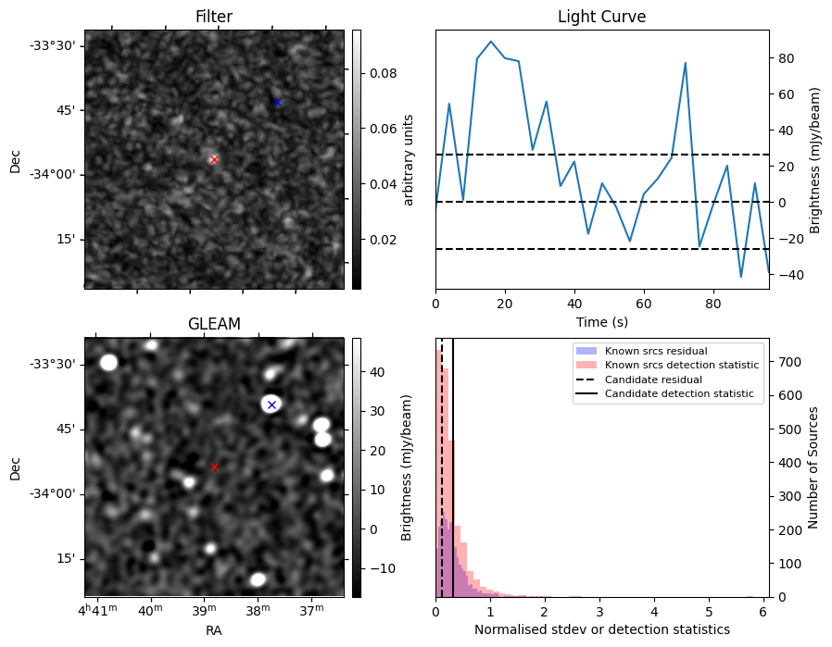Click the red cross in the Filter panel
click(x=214, y=159)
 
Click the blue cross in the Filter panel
click(x=277, y=102)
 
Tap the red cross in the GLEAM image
click(x=214, y=467)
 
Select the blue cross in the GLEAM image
click(x=271, y=404)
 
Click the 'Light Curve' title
click(x=601, y=17)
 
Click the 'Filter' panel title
click(x=214, y=17)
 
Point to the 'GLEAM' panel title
click(x=214, y=324)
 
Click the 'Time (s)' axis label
click(x=601, y=321)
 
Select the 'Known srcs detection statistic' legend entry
click(x=681, y=366)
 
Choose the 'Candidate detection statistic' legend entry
click(x=678, y=394)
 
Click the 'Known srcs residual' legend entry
click(x=655, y=352)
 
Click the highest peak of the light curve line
click(x=491, y=42)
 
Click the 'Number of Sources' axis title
click(x=813, y=467)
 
